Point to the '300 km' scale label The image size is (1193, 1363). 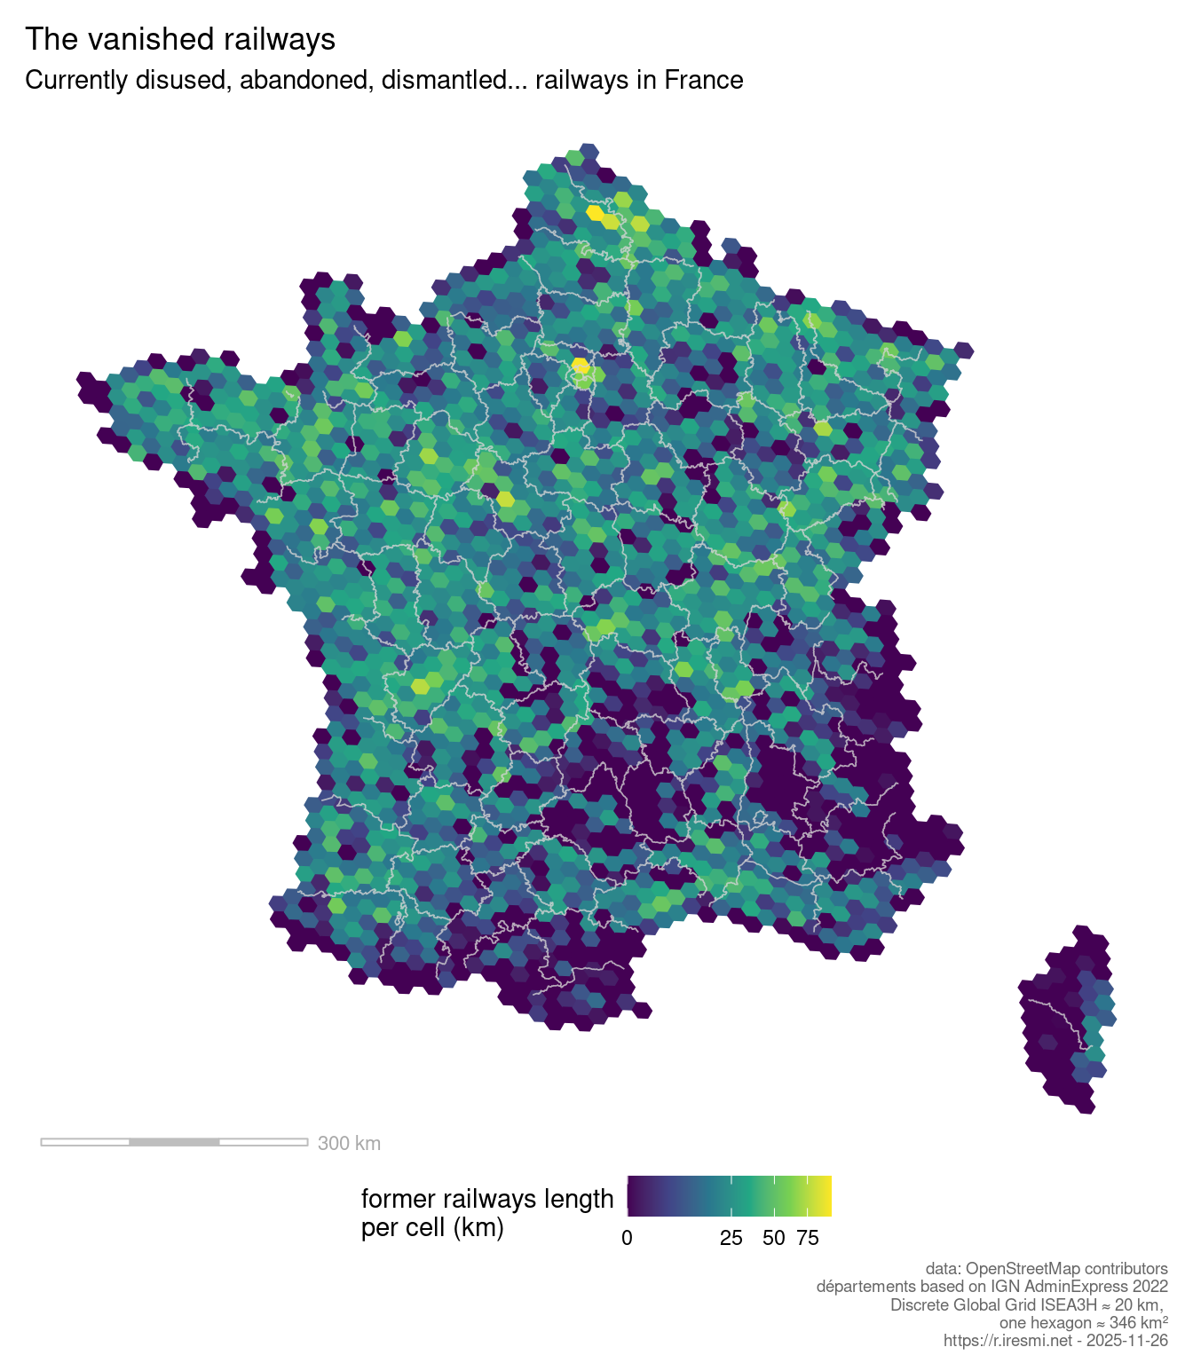349,1143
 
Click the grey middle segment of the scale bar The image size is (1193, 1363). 174,1141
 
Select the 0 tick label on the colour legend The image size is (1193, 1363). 627,1238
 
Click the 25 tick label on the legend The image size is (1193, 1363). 731,1238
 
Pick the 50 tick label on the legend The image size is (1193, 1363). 774,1238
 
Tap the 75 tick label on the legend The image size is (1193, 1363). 808,1238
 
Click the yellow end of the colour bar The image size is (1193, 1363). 826,1196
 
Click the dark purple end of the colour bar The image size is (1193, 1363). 632,1196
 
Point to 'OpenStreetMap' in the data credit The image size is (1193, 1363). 1023,1269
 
